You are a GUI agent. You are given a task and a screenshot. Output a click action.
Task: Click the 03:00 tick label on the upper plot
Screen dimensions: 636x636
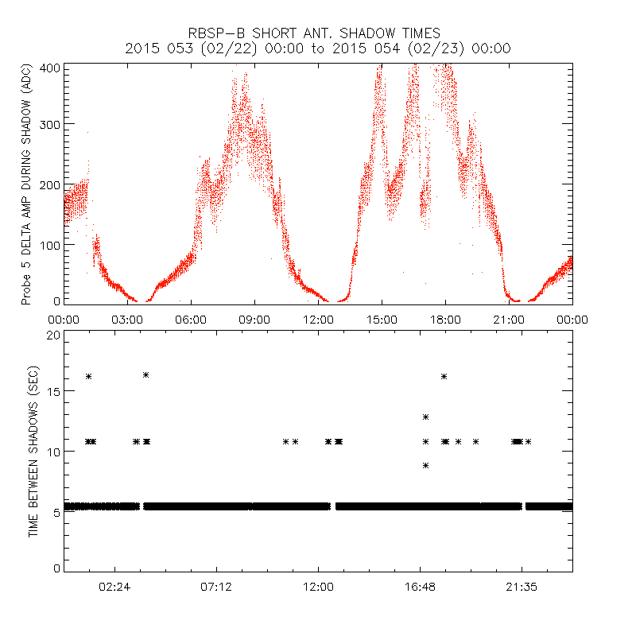coord(127,320)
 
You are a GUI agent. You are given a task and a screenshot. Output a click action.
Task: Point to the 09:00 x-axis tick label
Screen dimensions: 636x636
coord(254,320)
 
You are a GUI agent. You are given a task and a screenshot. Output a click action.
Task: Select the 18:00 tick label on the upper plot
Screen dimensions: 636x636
coord(445,320)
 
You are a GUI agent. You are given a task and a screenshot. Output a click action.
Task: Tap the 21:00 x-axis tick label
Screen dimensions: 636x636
coord(509,320)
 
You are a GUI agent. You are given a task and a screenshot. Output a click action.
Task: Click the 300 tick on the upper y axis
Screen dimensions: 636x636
coord(49,124)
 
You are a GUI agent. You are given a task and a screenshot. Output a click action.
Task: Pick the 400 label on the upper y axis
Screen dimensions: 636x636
coord(49,67)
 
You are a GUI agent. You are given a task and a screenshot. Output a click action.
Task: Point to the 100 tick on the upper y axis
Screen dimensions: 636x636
coord(49,244)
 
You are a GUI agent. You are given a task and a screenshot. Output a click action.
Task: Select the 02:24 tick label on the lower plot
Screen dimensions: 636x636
coord(114,587)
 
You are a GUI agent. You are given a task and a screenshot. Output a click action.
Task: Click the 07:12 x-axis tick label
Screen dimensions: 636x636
coord(216,587)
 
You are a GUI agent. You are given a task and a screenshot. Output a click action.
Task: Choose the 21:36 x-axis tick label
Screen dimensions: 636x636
coord(522,587)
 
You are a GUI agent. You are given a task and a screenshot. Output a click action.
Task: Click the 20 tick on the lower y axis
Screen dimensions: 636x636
coord(54,335)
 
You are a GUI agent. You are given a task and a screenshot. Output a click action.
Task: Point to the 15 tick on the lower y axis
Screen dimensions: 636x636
coord(54,393)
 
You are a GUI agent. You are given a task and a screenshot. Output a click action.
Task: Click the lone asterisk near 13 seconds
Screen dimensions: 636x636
coord(426,417)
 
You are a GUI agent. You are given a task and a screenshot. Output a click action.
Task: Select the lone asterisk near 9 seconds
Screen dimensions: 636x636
coord(426,465)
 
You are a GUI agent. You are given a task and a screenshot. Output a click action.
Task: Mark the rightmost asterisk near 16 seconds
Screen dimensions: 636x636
coord(444,376)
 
